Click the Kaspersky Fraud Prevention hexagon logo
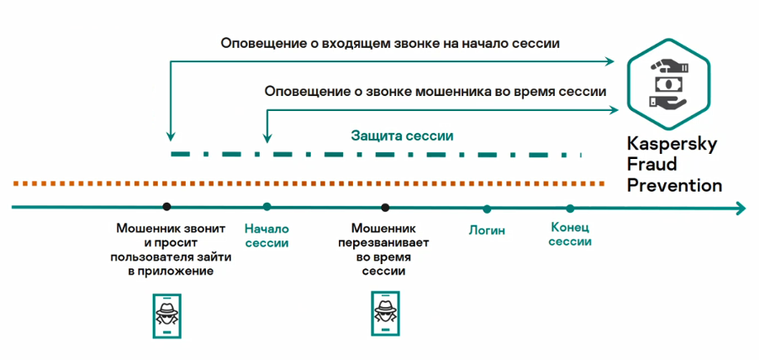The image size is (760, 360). [x=670, y=85]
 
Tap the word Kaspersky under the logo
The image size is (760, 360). [x=672, y=145]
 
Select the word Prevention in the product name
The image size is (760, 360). [x=675, y=185]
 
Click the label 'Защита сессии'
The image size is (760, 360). [x=402, y=135]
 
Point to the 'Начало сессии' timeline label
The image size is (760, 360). [x=267, y=236]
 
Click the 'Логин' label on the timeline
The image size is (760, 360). [x=487, y=230]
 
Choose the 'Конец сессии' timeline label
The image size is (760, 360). [x=570, y=235]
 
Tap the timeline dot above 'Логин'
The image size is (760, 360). [x=487, y=209]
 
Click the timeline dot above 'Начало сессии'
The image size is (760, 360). [x=267, y=207]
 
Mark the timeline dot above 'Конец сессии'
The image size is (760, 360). [x=570, y=209]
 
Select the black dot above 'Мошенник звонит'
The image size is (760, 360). [x=166, y=207]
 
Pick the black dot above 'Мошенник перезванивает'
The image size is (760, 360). [x=384, y=207]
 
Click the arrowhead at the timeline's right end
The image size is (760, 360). [x=739, y=208]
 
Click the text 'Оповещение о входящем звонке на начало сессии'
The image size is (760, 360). [x=390, y=43]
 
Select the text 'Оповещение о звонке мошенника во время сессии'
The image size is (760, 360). [x=435, y=91]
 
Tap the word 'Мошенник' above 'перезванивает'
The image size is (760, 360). [x=383, y=228]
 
